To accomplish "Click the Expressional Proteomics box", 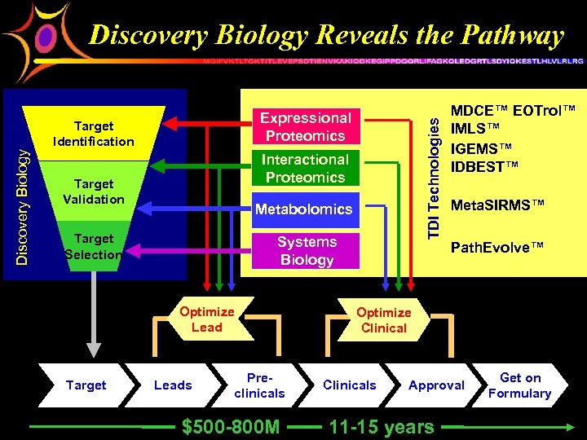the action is click(x=306, y=127).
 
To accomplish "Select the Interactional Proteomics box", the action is click(x=306, y=168).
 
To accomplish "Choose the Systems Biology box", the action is click(x=307, y=251).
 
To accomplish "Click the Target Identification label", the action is click(x=94, y=134).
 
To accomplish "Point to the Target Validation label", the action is click(x=94, y=191).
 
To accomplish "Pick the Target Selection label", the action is click(x=94, y=246).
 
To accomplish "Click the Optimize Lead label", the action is click(x=206, y=319).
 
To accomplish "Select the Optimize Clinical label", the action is click(x=383, y=320).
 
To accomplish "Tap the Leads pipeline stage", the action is click(x=173, y=385).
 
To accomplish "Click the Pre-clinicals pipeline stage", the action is click(x=259, y=385).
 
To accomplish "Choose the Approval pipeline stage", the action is click(x=436, y=385).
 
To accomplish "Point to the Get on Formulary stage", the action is click(x=519, y=385).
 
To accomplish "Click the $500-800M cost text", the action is click(x=231, y=427).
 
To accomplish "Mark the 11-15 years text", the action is click(x=381, y=427).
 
